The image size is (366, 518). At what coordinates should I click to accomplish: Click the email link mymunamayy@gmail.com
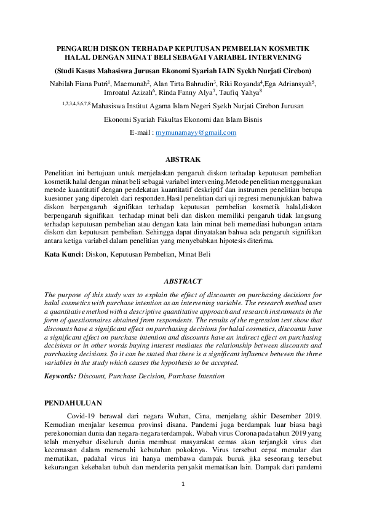196,132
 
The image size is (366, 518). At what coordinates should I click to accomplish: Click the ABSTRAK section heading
183,159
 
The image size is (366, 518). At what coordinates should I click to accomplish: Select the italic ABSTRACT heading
183,281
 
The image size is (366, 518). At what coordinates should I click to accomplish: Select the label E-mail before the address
140,132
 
